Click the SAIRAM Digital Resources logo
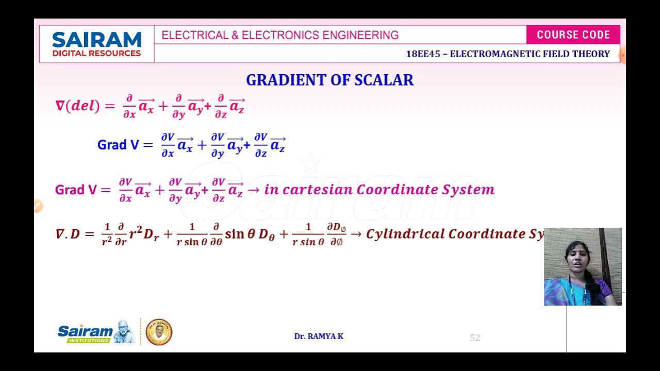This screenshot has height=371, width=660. (x=96, y=44)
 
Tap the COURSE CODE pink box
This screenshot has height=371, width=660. (x=573, y=35)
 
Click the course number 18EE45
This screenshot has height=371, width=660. (x=423, y=54)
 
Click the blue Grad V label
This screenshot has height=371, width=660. (x=118, y=145)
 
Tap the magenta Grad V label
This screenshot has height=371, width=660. (x=76, y=190)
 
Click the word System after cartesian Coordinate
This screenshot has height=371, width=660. (x=468, y=190)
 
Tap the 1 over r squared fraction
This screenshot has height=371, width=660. (x=107, y=234)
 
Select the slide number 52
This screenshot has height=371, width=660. (x=475, y=338)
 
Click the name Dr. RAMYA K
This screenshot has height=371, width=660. (x=319, y=336)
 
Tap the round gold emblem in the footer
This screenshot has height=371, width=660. (x=159, y=332)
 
